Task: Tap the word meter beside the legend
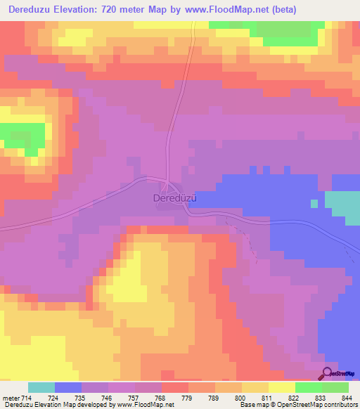pyautogui.click(x=12, y=398)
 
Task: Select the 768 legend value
pyautogui.click(x=162, y=398)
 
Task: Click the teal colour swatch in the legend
pyautogui.click(x=41, y=387)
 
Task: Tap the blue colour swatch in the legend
pyautogui.click(x=68, y=387)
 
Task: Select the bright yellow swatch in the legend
pyautogui.click(x=281, y=387)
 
